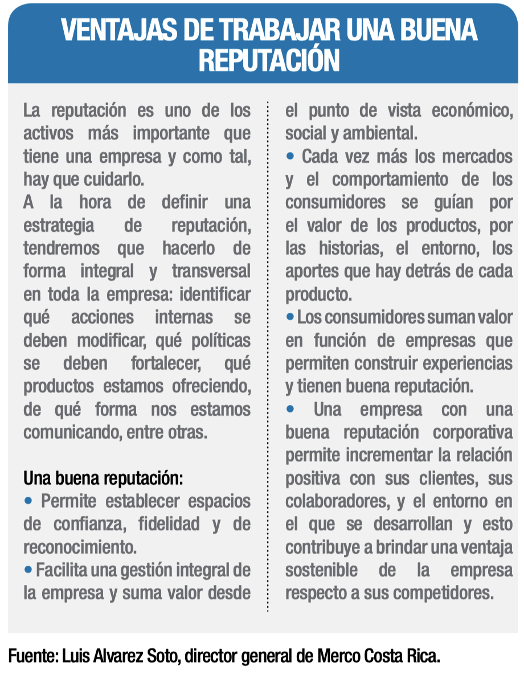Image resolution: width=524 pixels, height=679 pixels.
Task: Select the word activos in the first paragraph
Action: click(x=49, y=133)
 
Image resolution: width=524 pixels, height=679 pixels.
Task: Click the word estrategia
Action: click(x=59, y=225)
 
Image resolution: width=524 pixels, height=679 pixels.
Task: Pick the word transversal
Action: click(x=211, y=271)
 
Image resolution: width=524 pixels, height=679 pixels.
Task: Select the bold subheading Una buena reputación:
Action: click(x=103, y=478)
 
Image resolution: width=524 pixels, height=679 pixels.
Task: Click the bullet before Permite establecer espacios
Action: click(x=28, y=501)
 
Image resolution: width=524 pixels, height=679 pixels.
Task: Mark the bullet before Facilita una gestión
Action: click(x=28, y=569)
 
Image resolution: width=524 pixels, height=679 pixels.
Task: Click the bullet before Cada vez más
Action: click(x=290, y=156)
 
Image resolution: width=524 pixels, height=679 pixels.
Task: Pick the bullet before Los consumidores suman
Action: click(x=290, y=316)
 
